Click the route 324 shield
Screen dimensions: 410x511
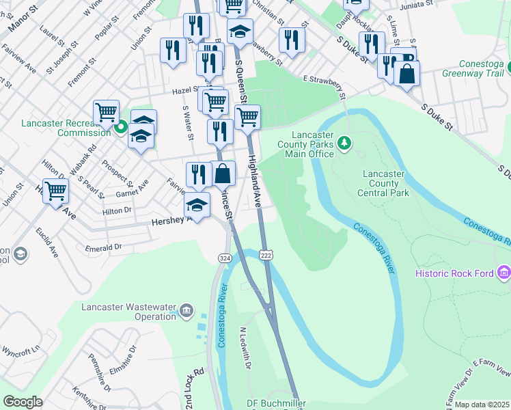[225, 258]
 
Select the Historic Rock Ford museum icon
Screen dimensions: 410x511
[505, 273]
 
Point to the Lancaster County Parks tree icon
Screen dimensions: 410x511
[345, 143]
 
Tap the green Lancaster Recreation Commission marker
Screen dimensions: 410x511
[121, 126]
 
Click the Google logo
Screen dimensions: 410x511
[23, 402]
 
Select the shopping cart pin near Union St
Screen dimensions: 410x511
[55, 191]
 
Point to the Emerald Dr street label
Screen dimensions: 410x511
[104, 247]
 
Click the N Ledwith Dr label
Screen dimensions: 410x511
[245, 348]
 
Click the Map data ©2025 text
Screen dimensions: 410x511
[482, 405]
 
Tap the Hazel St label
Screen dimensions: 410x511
[184, 90]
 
